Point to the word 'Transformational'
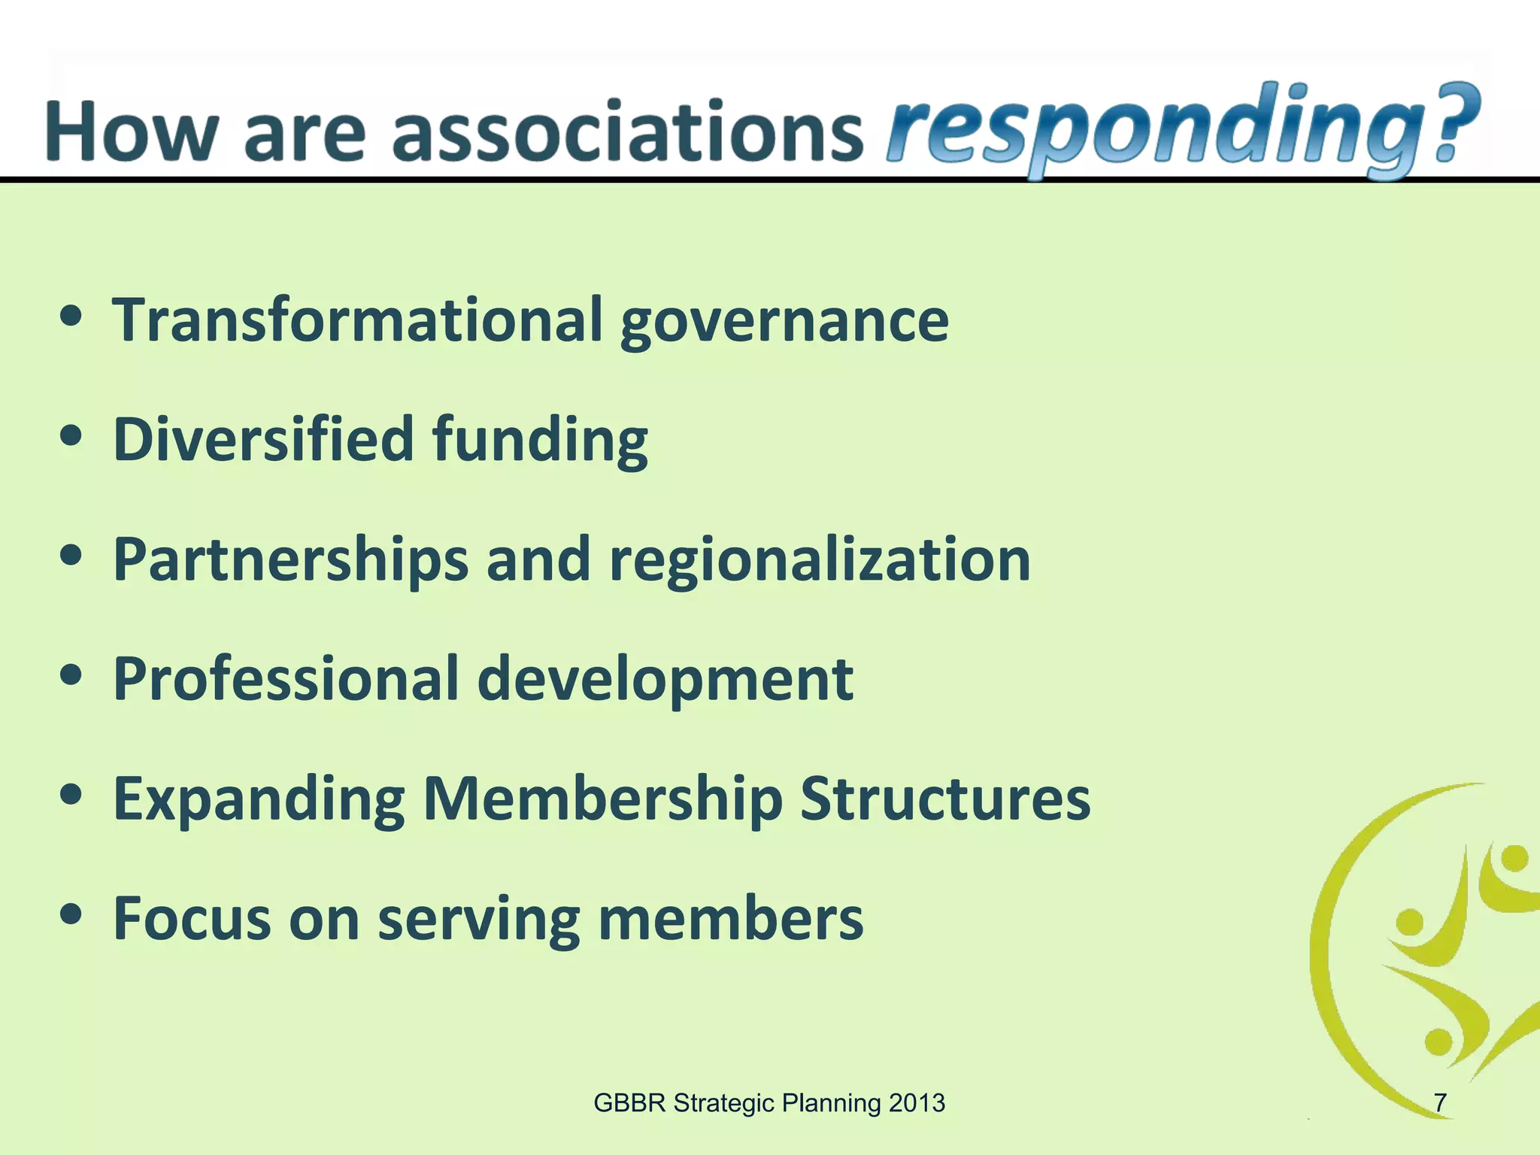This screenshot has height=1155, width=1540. point(358,320)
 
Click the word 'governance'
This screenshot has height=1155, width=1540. point(784,323)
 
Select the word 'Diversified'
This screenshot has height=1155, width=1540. point(263,439)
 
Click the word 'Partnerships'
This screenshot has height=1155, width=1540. point(290,561)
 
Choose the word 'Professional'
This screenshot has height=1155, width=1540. point(286,679)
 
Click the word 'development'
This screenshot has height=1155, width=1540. point(665,681)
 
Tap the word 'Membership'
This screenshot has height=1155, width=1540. point(602,800)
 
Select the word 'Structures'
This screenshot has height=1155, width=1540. point(944,799)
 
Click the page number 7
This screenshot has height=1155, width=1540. point(1439,1103)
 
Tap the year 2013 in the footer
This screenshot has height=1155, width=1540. point(916,1103)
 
